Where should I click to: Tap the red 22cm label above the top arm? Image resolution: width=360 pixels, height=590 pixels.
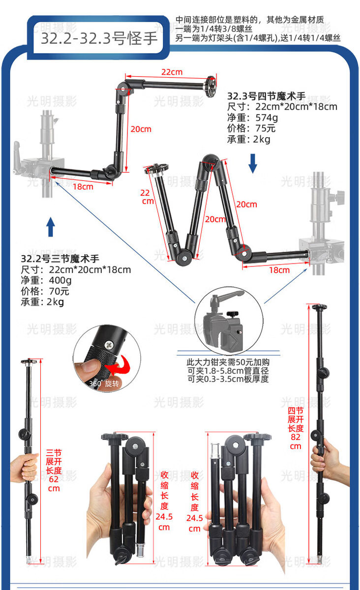[172, 72]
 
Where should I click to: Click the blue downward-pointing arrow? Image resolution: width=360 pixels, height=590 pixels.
[253, 163]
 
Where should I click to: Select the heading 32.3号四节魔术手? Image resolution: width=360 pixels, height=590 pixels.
[267, 96]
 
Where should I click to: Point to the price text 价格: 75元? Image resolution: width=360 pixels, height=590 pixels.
[251, 128]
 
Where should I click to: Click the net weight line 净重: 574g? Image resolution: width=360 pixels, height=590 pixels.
[252, 118]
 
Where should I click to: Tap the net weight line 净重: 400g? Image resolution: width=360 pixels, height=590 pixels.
[46, 280]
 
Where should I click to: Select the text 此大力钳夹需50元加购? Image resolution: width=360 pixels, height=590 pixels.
[228, 361]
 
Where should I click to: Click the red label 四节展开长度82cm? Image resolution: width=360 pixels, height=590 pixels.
[295, 428]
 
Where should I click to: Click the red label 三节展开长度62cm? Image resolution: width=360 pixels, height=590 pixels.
[54, 470]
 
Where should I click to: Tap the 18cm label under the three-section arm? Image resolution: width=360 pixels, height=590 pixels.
[83, 187]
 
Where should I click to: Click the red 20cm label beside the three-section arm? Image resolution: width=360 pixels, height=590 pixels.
[141, 129]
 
